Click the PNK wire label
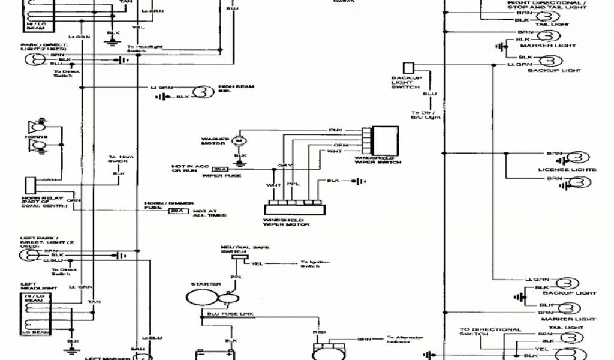334,130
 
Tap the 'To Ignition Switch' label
311,264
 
